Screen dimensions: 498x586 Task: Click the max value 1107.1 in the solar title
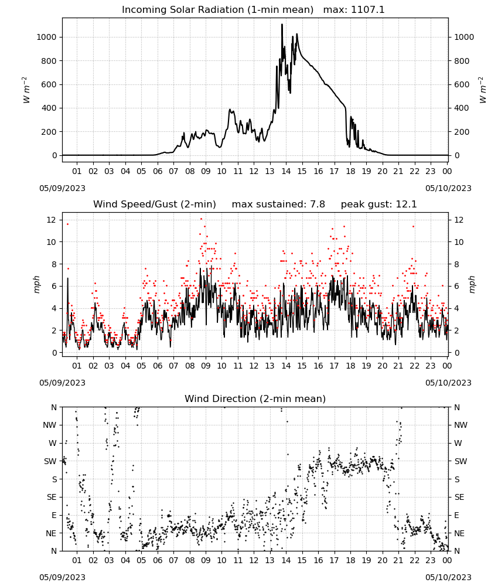[367, 10]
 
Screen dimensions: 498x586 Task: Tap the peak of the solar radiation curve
[282, 24]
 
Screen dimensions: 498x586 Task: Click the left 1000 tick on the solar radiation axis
[46, 37]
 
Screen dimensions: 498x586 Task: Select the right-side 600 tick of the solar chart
[462, 84]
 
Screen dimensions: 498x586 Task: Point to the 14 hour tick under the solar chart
[286, 171]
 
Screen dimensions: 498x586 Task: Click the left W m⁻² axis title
[26, 90]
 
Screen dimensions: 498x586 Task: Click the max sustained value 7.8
[317, 205]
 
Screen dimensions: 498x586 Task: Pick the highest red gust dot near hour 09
[201, 219]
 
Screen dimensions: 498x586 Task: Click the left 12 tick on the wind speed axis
[52, 220]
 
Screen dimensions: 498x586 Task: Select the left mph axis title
[36, 284]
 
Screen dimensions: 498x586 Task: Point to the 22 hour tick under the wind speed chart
[414, 366]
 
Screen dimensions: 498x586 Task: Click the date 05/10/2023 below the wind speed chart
[448, 383]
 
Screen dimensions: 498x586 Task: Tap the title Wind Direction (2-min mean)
[255, 398]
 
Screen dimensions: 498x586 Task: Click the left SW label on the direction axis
[50, 461]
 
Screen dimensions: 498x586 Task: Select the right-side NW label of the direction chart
[461, 425]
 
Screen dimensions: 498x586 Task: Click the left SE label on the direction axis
[52, 497]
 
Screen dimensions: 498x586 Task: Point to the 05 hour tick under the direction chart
[141, 560]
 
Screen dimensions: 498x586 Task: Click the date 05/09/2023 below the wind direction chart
[62, 577]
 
